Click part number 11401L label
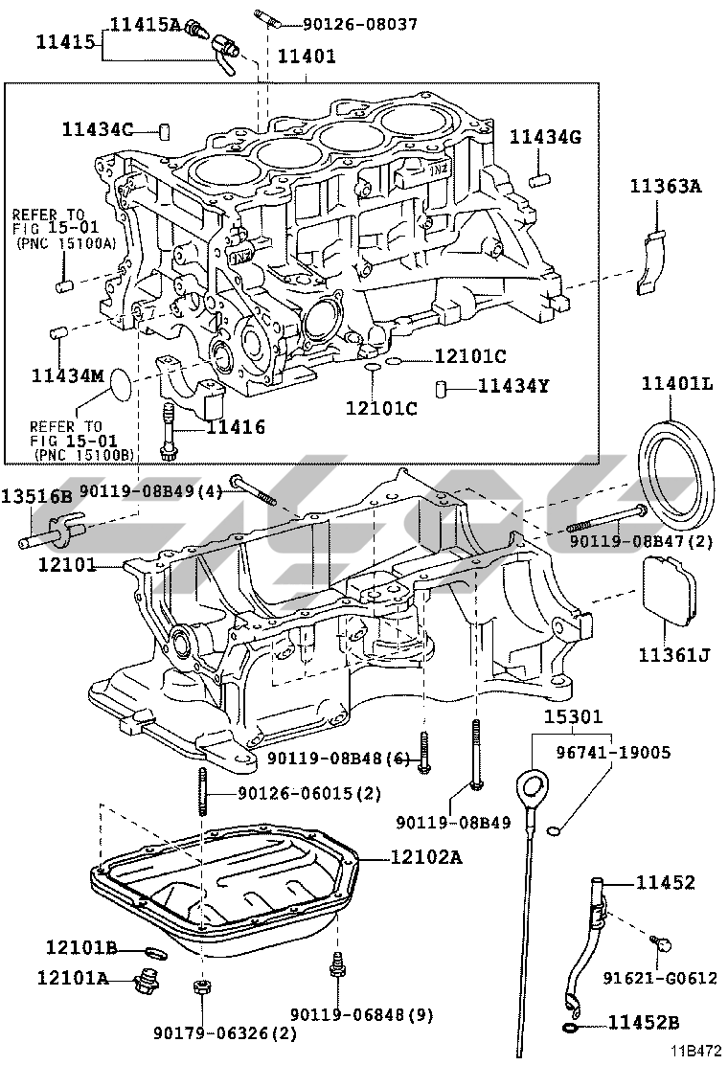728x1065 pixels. [x=677, y=384]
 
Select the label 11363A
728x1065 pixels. [x=666, y=187]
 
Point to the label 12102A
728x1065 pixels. [x=426, y=857]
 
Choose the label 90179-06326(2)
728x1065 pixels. [x=225, y=1033]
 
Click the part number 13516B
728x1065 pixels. [x=36, y=496]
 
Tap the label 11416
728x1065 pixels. [x=235, y=428]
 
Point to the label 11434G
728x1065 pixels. [x=545, y=137]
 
